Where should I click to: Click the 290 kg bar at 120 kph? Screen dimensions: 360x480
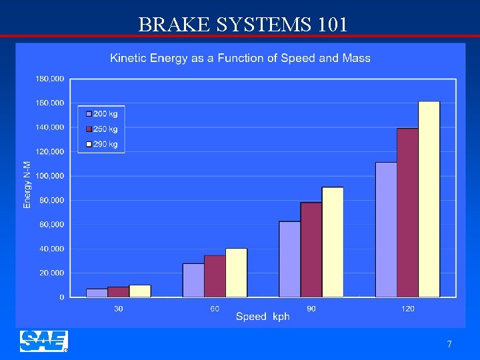[429, 199]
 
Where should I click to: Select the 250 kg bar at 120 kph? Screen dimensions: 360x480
[407, 213]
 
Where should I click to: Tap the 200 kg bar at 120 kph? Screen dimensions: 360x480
[386, 229]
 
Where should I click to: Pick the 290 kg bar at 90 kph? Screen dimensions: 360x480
[333, 242]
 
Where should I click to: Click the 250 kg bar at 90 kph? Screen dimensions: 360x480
[311, 249]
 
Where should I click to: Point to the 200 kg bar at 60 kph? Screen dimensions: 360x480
[193, 280]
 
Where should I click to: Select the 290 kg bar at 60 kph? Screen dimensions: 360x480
[236, 273]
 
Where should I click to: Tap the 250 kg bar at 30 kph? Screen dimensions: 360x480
[118, 292]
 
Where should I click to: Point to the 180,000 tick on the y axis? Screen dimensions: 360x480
[49, 79]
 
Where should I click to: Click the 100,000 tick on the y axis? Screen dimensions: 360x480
[49, 176]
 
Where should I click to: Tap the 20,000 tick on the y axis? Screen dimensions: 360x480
[51, 273]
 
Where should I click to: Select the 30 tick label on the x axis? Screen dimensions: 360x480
[118, 308]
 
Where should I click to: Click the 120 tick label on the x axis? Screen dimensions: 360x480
[407, 308]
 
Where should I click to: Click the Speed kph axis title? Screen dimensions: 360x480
[263, 317]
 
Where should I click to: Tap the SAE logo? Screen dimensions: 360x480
[43, 341]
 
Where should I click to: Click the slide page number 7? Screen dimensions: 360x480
[449, 344]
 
